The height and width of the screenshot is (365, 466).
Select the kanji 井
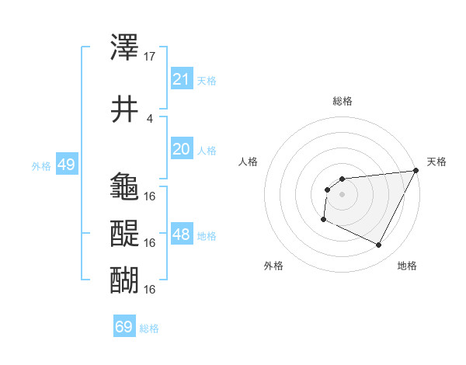coord(125,109)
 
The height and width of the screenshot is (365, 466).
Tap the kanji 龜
coord(125,187)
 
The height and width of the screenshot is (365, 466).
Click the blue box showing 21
coord(182,79)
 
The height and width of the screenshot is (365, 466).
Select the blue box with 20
coord(182,149)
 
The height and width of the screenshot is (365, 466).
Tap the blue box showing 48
coord(182,235)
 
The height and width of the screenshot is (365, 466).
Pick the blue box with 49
coord(66,165)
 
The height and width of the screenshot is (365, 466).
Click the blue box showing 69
coord(124,327)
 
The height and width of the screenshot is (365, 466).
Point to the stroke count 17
coord(150,57)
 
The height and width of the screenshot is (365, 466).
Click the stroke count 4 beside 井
coord(150,118)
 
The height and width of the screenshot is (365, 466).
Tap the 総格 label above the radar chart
coord(342,101)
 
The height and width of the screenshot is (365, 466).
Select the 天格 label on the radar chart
coord(436,162)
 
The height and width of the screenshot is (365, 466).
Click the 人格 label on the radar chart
coord(249,162)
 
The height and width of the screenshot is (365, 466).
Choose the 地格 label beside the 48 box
coord(207,235)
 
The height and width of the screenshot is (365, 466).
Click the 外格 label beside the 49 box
coord(40,165)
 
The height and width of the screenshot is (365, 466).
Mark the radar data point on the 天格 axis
coord(417,171)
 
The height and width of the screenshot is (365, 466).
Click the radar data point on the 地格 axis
coord(379,245)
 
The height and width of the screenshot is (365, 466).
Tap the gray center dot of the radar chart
coord(342,194)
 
